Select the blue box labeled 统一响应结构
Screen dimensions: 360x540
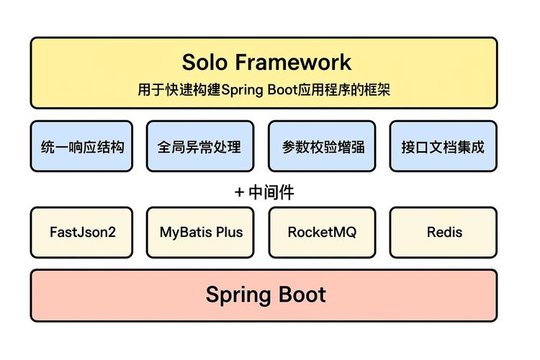(81, 147)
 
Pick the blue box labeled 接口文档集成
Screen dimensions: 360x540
(443, 147)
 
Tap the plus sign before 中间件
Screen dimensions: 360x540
(240, 192)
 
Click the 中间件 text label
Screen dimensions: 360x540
(271, 192)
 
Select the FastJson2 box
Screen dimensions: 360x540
(81, 233)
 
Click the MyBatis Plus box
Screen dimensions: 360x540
(201, 233)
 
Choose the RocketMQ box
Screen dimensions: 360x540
(322, 233)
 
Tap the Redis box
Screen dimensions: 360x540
(444, 233)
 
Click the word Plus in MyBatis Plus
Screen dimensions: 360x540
(230, 233)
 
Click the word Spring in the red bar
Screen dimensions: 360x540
(238, 295)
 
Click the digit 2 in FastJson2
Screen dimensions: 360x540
(112, 233)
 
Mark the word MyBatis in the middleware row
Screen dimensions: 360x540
(186, 233)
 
